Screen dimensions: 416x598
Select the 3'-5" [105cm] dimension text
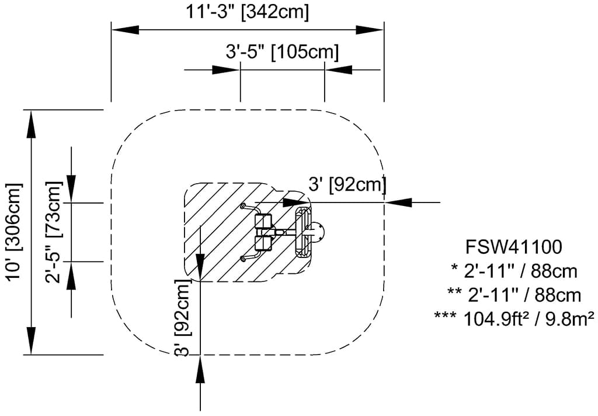coord(282,52)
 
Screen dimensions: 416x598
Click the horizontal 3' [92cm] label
coord(347,185)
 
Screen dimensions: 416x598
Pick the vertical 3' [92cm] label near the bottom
coord(183,317)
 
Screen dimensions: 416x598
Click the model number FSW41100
coord(513,247)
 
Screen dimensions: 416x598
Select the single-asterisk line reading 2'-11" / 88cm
coord(514,271)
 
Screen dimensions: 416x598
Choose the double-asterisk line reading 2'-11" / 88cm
coord(514,294)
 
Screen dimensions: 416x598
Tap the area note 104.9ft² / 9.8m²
coord(514,318)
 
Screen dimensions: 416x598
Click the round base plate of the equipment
coord(319,233)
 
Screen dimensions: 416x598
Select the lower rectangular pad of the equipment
coord(264,243)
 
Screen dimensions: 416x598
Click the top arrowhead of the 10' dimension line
coord(30,122)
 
